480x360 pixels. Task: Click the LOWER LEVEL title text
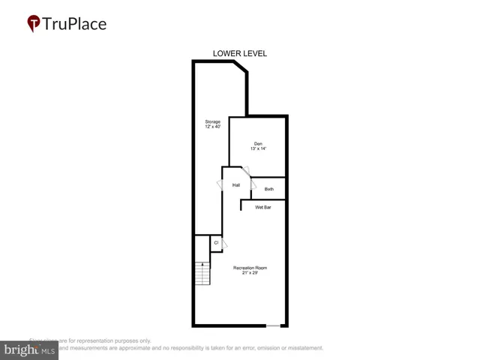coord(240,53)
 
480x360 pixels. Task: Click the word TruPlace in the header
coord(75,24)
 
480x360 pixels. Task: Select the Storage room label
coord(213,121)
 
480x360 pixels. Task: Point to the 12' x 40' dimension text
coord(213,127)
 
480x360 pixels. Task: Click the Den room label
coord(258,143)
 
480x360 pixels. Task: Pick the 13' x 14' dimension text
coord(258,149)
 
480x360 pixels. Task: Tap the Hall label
coord(236,185)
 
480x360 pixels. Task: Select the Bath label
coord(269,189)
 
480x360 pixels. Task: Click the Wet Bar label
coord(263,207)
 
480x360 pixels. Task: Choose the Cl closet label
coord(216,242)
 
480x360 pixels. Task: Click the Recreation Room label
coord(250,268)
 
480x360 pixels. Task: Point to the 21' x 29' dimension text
coord(250,274)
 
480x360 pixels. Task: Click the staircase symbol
coord(202,273)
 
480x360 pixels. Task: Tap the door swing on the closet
coord(224,244)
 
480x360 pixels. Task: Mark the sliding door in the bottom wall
coord(276,325)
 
